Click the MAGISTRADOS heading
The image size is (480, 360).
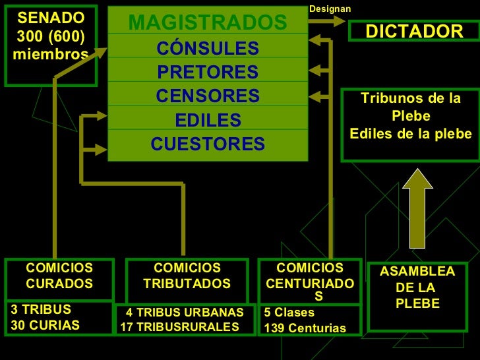pos(208,23)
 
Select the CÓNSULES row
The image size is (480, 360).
pos(208,48)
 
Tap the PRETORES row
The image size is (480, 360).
pos(208,72)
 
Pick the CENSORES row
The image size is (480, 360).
pos(208,96)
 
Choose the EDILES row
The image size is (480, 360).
pos(208,121)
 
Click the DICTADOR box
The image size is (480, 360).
pos(415,32)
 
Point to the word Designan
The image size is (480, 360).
pos(330,9)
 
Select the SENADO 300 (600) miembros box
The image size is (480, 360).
pos(50,45)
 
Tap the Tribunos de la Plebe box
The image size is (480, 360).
pos(411,125)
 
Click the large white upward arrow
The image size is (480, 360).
pos(417,207)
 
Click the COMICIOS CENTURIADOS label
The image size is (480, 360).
pos(310,282)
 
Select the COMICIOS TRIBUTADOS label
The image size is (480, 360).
pos(187,276)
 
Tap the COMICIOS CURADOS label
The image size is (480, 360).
pos(59,276)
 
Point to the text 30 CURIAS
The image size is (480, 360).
pos(45,325)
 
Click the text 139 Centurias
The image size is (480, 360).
pos(305,328)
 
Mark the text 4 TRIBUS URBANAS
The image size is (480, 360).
pos(185,313)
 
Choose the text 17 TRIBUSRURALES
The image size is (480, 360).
pos(180,327)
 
